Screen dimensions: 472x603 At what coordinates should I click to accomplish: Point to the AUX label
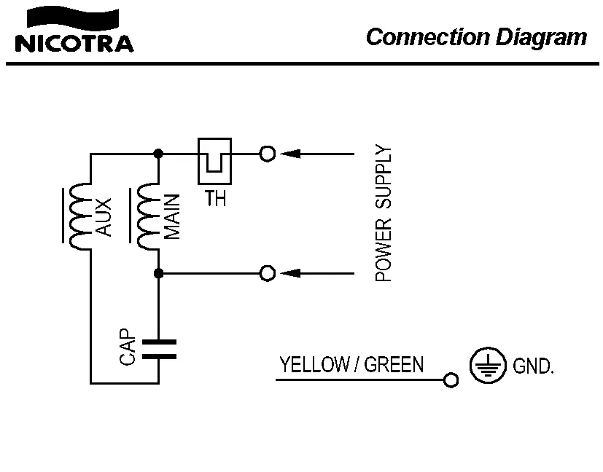[x=104, y=217]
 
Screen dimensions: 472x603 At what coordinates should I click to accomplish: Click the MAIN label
[x=173, y=217]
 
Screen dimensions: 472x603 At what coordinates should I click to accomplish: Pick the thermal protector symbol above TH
[x=214, y=160]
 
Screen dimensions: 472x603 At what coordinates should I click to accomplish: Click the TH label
[x=215, y=198]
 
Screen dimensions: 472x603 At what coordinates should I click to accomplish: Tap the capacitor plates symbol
[x=158, y=348]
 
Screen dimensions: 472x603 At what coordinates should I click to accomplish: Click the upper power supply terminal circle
[x=268, y=154]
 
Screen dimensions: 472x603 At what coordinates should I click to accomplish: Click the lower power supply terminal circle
[x=268, y=272]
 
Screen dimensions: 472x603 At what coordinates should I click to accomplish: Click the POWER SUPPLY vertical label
[x=384, y=214]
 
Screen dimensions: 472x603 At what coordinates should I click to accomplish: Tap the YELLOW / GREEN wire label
[x=351, y=364]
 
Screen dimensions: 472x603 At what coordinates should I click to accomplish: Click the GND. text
[x=534, y=366]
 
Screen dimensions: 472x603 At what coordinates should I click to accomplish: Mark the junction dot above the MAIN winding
[x=158, y=154]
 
